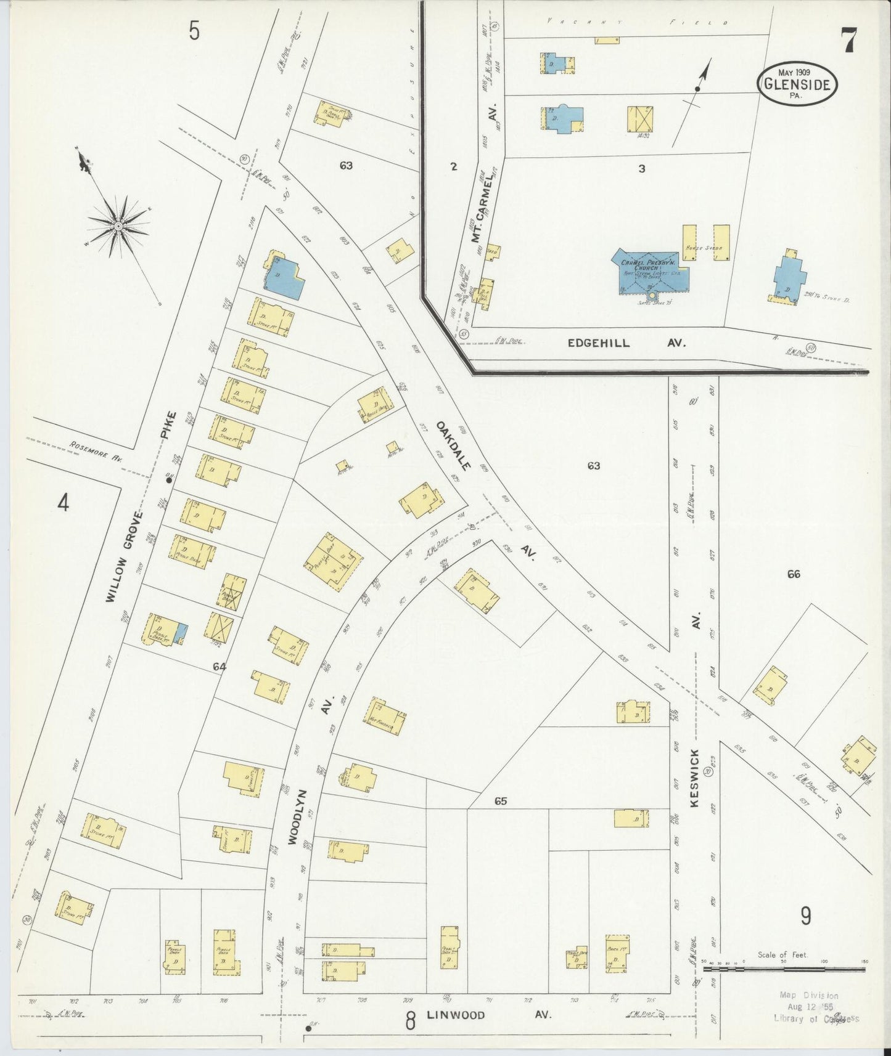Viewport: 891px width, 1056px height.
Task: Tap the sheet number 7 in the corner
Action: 848,41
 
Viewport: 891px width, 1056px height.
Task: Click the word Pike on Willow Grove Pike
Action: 168,424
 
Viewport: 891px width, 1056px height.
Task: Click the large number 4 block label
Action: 63,503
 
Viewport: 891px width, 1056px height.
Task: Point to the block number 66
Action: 793,574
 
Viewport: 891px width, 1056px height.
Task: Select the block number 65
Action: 500,801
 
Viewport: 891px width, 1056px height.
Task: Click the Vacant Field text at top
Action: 635,22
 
